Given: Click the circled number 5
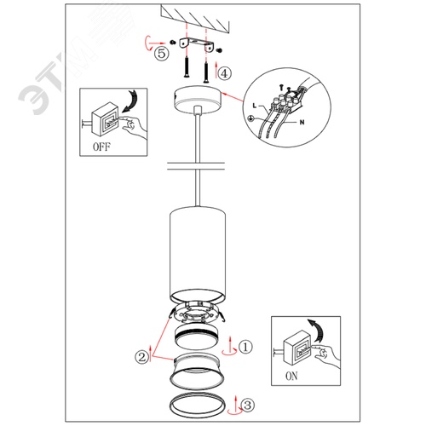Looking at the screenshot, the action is point(162,53).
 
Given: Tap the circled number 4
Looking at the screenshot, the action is point(224,73).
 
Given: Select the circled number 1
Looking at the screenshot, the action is point(245,347).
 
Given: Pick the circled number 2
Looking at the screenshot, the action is point(141,357).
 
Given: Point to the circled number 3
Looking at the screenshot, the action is point(247,405).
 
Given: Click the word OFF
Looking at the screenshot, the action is point(101,147).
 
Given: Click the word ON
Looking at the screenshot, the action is point(291,376).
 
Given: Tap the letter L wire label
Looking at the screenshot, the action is point(255,106).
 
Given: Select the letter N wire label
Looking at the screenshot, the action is point(302,122).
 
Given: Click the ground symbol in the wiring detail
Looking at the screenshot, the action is point(251,118).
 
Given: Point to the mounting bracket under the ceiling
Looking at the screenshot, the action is point(197,44).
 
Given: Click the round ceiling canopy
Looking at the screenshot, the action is point(198,100).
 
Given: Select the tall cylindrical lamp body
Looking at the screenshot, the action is point(198,254).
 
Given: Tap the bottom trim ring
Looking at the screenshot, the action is point(171,406).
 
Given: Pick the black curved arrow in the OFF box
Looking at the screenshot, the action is point(131,102).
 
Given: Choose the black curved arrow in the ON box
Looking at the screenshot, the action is point(319,330).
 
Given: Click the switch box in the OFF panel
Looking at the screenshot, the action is point(105,119).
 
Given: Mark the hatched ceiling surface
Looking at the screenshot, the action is point(195,18).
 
